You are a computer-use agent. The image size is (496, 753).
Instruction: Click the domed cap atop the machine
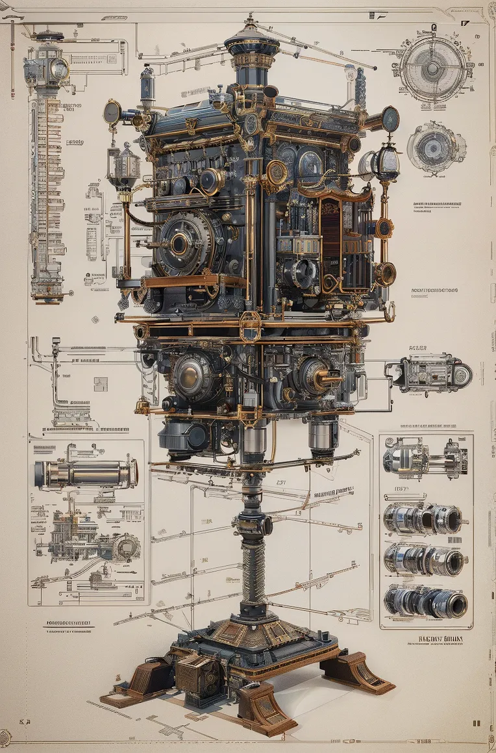tap(252, 40)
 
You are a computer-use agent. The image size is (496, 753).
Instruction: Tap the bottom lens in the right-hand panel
tap(425, 602)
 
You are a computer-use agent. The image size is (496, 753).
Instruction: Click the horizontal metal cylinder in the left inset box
tap(86, 474)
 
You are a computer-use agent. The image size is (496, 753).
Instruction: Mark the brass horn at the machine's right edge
tap(385, 274)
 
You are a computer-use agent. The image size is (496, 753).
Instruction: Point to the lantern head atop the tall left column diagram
tap(47, 65)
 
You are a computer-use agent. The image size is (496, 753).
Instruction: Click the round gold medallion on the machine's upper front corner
tap(278, 172)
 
